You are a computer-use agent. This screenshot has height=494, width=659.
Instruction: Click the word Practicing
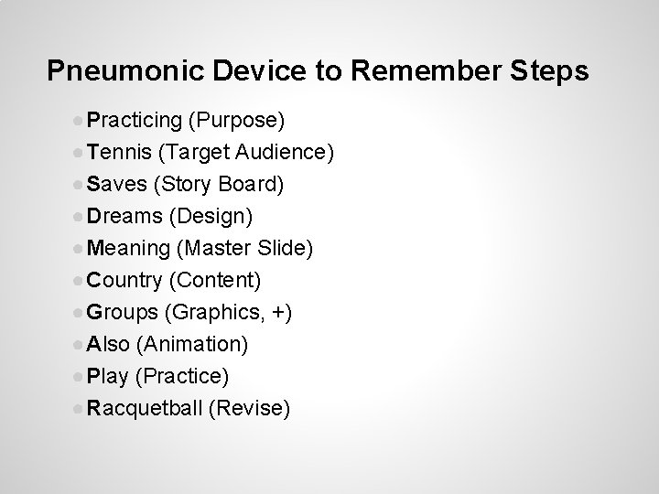click(x=135, y=121)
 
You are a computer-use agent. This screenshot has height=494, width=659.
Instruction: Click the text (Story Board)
click(x=220, y=185)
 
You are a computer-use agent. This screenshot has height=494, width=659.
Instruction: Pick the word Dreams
click(x=124, y=217)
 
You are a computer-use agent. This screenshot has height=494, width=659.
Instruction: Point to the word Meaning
click(x=129, y=249)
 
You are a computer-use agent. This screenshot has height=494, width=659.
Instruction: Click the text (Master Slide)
click(x=244, y=249)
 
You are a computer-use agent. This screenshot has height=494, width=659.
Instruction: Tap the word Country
click(x=125, y=281)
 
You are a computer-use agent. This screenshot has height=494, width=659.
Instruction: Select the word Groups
click(x=123, y=313)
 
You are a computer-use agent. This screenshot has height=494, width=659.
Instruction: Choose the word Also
click(x=107, y=344)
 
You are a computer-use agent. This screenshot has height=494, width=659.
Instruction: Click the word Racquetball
click(x=145, y=408)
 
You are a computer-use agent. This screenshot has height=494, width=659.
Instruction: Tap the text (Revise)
click(x=249, y=408)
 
